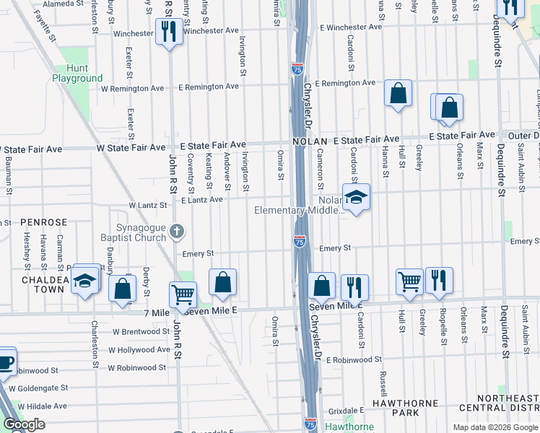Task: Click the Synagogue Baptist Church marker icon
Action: (x=178, y=232)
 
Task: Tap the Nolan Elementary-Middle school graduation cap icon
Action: (x=355, y=196)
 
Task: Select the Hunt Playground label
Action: (x=77, y=73)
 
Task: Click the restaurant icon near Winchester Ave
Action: (x=169, y=31)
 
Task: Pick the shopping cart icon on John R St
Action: (x=183, y=294)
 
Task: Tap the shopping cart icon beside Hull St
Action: (x=409, y=280)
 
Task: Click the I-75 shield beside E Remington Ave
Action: (x=297, y=69)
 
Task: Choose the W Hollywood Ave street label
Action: (x=139, y=350)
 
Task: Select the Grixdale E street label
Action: (x=345, y=411)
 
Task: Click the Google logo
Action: (x=24, y=424)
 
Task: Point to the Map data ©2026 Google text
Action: (x=495, y=427)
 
